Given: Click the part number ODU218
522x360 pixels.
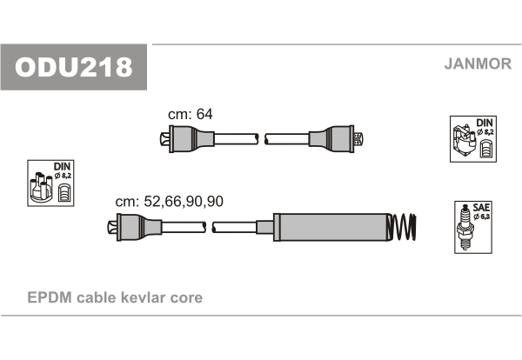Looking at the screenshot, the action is [x=74, y=67].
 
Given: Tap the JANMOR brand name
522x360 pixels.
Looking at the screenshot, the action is [x=478, y=63].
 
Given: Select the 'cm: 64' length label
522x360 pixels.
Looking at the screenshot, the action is [x=190, y=114].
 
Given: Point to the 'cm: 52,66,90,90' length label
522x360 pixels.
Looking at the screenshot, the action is [x=169, y=201].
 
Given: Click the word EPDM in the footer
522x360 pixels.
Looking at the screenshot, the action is [x=50, y=297].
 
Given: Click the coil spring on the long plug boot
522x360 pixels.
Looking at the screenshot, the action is [x=402, y=227].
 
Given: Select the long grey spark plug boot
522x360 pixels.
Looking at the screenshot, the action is [x=331, y=227].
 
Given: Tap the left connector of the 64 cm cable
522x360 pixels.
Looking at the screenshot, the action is [x=187, y=139].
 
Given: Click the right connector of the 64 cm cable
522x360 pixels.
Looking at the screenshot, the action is [x=336, y=139].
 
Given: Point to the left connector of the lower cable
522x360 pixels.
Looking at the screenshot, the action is [x=135, y=227].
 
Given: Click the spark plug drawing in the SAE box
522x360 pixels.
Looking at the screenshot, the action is [x=465, y=227].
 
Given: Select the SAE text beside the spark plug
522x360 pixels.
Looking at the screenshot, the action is [x=481, y=208].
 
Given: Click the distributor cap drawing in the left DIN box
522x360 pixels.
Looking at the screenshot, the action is [x=41, y=187].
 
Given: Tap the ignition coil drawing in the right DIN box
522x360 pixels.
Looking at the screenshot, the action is [x=464, y=141].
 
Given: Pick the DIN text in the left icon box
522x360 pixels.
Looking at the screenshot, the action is [x=63, y=166].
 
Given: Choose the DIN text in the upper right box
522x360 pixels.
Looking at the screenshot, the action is [x=485, y=123].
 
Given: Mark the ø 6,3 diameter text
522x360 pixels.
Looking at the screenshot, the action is [x=482, y=217].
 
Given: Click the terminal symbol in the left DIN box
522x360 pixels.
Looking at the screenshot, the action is [x=64, y=193].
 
